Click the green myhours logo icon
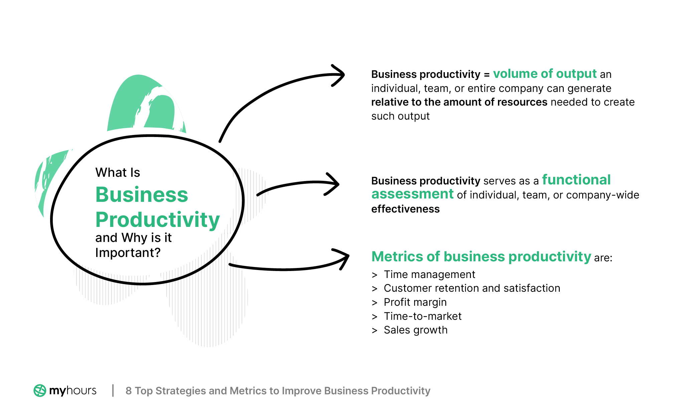coord(40,390)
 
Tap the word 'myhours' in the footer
coord(73,390)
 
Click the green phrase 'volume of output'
coord(545,74)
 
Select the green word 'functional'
coord(576,180)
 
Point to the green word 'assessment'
coord(412,194)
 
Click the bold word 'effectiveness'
coord(405,209)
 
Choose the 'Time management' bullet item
coord(429,274)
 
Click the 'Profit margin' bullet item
coord(415,302)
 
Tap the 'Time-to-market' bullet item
coord(422,316)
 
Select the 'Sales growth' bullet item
coord(415,330)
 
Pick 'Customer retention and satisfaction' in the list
coord(472,288)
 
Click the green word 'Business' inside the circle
coord(142,194)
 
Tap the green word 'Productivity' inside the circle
coord(158,220)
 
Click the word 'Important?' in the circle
coord(128,253)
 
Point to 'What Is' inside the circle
coord(118,172)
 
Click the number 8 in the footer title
coord(129,391)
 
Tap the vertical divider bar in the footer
coord(113,390)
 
